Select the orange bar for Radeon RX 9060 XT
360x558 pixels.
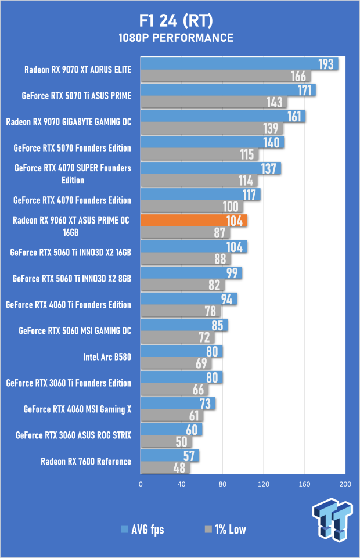coord(193,221)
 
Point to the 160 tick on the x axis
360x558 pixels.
coord(304,484)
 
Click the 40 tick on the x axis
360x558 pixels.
coord(181,484)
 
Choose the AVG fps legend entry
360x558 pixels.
coord(142,529)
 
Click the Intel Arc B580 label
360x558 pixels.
coord(107,357)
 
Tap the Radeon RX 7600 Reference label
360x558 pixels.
coord(86,462)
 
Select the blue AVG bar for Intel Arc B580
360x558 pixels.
coord(181,351)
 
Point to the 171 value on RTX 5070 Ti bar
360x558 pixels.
coord(305,90)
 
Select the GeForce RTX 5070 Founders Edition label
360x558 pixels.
coord(72,148)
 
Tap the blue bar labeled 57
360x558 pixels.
coord(170,456)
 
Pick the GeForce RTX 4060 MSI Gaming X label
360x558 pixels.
coord(78,409)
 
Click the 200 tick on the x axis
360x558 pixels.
coord(345,484)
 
